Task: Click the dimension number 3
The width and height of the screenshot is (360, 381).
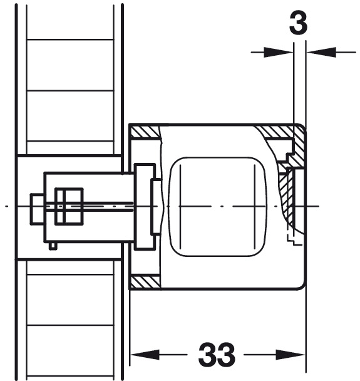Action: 298,23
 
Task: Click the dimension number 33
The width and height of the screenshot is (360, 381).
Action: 217,355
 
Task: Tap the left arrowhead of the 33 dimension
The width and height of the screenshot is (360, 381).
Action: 145,355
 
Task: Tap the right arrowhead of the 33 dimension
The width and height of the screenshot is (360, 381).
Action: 291,355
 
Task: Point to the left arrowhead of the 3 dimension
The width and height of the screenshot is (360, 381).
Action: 279,52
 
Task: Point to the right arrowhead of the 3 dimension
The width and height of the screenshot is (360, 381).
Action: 321,52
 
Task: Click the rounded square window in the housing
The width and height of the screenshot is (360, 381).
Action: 218,207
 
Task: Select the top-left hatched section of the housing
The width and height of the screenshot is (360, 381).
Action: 145,132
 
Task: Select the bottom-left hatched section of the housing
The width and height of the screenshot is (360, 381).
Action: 145,282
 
